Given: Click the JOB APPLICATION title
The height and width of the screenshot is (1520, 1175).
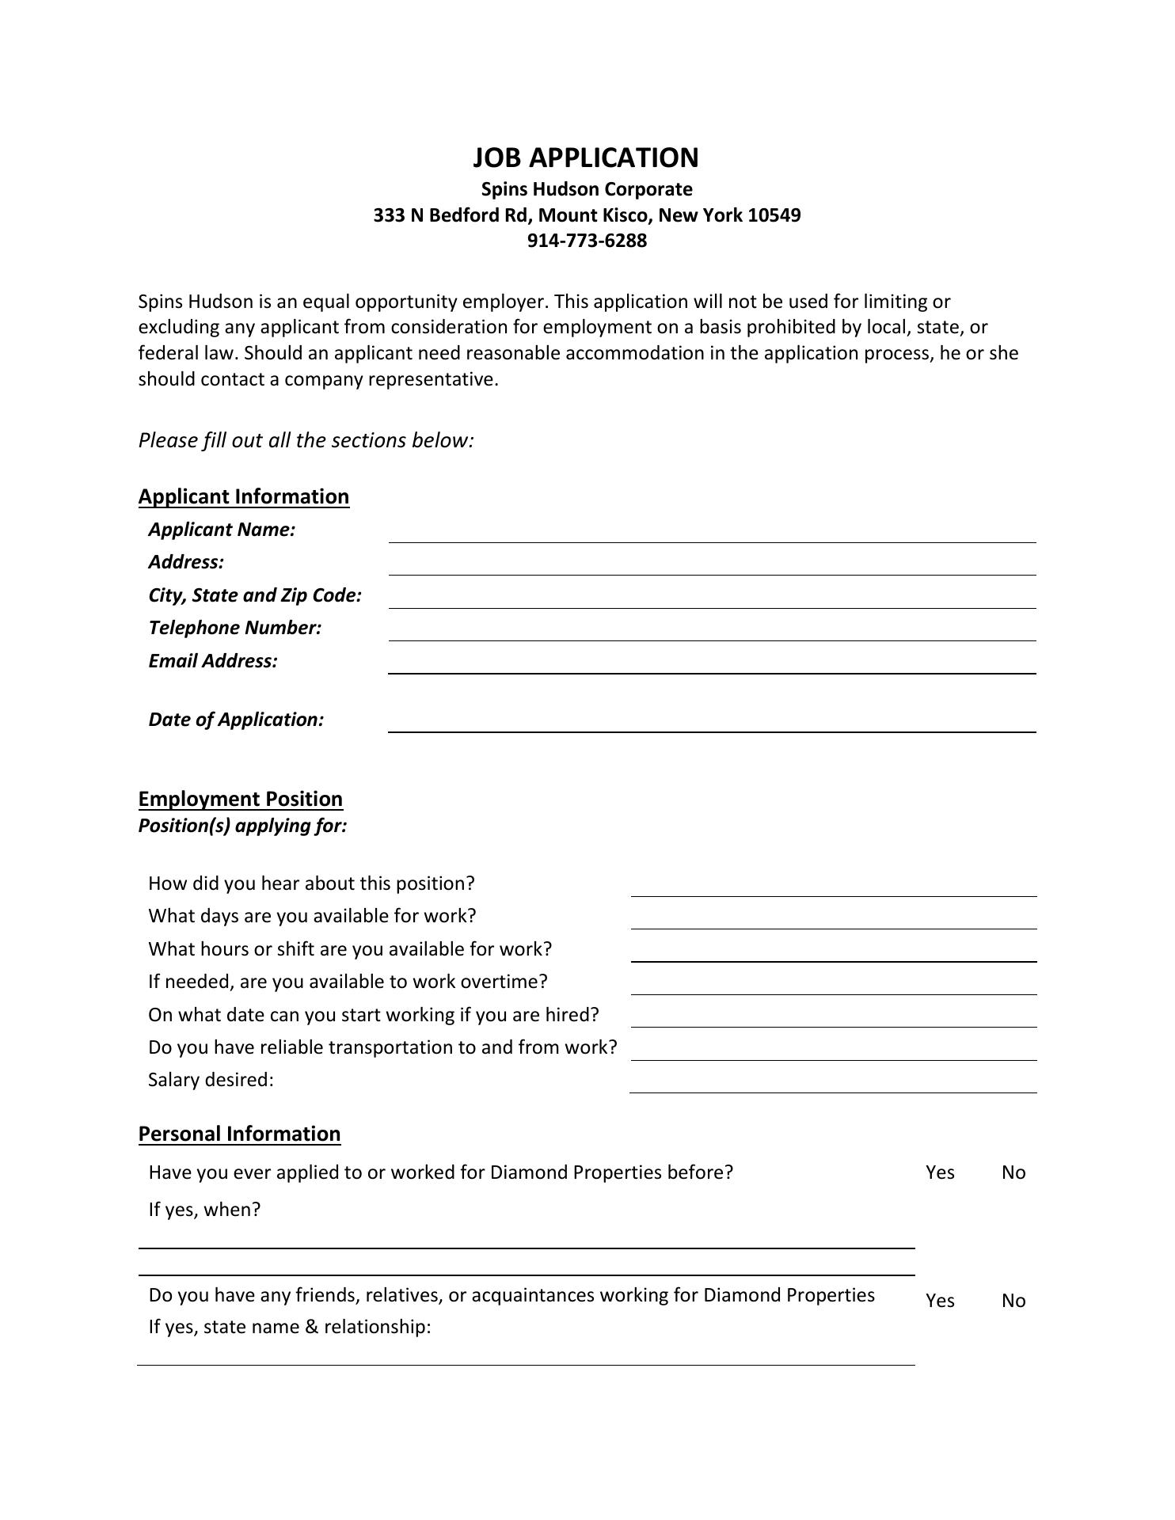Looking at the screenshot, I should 586,158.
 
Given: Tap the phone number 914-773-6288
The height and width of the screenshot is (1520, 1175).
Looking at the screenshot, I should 587,241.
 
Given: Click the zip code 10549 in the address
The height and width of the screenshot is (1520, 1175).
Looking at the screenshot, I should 774,215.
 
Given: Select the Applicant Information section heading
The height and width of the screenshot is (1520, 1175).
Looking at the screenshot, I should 244,496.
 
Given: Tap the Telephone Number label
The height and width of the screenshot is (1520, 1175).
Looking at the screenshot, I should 235,628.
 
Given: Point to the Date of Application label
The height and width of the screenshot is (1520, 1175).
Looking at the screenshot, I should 236,720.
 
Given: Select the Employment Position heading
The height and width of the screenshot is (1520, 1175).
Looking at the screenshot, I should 241,799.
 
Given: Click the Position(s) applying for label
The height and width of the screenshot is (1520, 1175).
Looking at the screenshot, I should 243,826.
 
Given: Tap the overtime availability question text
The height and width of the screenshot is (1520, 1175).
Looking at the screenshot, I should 348,982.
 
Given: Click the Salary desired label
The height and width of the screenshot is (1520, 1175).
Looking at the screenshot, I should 211,1080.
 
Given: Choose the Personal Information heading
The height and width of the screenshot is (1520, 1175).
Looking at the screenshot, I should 239,1134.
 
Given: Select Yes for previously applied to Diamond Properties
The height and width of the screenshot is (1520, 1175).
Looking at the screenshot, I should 940,1172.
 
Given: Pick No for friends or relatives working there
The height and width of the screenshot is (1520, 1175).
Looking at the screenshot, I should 1013,1301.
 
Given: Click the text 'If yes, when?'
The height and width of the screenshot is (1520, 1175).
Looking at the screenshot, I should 204,1210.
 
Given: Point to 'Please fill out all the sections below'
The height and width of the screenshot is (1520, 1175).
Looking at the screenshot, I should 306,440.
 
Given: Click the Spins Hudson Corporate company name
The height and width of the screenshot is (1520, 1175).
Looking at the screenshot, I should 587,189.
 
